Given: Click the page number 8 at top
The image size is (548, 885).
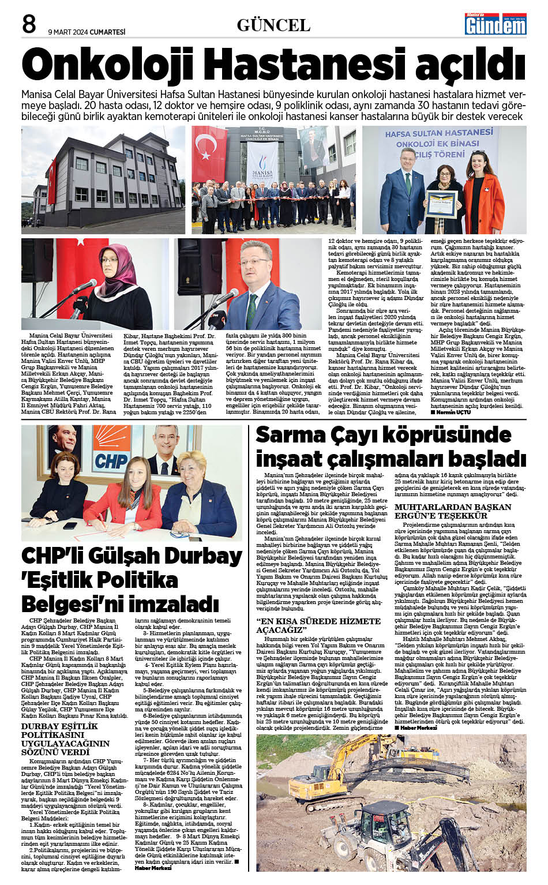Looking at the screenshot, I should click(x=29, y=24).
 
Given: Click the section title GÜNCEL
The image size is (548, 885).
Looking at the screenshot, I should click(x=273, y=25).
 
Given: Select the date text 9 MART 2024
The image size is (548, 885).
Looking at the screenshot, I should click(x=68, y=32).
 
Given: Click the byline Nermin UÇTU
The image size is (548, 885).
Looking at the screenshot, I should click(x=455, y=413).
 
